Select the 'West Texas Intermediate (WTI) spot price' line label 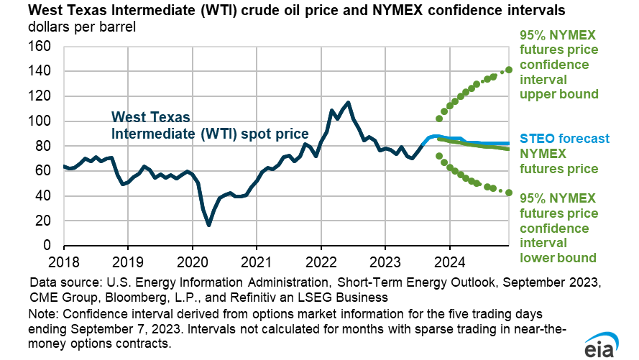pos(209,126)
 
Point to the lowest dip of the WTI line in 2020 pos(208,225)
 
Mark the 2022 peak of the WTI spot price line pos(349,102)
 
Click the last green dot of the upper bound pos(509,70)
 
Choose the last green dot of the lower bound pos(509,193)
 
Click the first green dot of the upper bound pos(439,119)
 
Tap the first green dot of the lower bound pos(439,155)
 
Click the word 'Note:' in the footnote pos(44,314)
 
